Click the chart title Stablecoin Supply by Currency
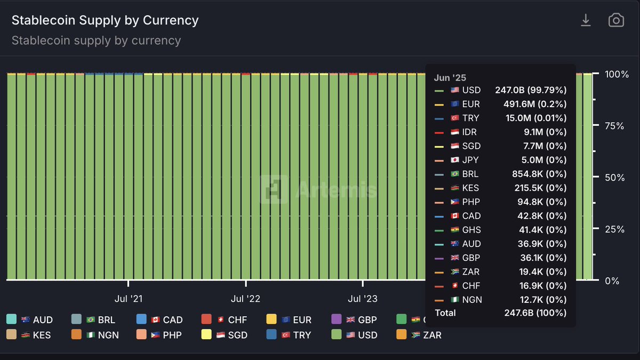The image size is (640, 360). [x=105, y=20]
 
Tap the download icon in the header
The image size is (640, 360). [x=586, y=20]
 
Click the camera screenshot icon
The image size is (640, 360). [x=616, y=20]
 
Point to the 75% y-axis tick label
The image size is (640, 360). [x=614, y=126]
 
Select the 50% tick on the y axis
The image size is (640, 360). [x=614, y=178]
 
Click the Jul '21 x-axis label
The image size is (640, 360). [x=129, y=299]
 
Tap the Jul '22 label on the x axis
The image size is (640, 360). [x=245, y=299]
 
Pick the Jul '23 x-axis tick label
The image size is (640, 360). [x=363, y=299]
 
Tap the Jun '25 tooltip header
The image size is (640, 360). [x=450, y=78]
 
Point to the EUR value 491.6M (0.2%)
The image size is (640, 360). [x=535, y=104]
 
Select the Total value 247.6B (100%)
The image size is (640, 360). [x=535, y=313]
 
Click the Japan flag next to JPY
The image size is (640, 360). [x=455, y=160]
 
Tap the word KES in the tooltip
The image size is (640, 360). [x=471, y=188]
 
